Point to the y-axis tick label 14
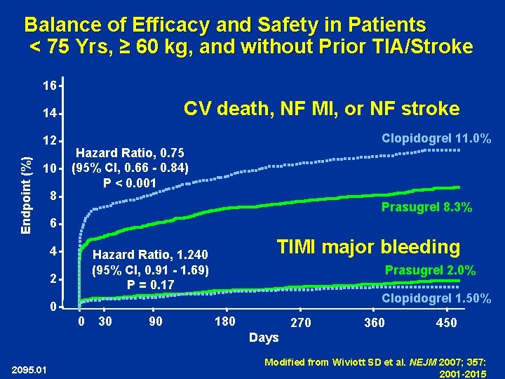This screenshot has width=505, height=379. [49, 113]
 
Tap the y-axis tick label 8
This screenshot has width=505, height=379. [53, 196]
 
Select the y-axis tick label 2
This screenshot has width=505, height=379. [53, 279]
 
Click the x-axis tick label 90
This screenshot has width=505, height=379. [157, 322]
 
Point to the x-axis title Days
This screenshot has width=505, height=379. [264, 338]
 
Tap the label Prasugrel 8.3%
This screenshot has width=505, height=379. [426, 207]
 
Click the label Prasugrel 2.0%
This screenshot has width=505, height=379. [430, 270]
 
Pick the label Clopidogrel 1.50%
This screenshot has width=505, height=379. [436, 298]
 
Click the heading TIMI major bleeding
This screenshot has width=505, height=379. [368, 246]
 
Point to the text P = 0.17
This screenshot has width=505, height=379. [151, 284]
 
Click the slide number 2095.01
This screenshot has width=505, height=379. [29, 370]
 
